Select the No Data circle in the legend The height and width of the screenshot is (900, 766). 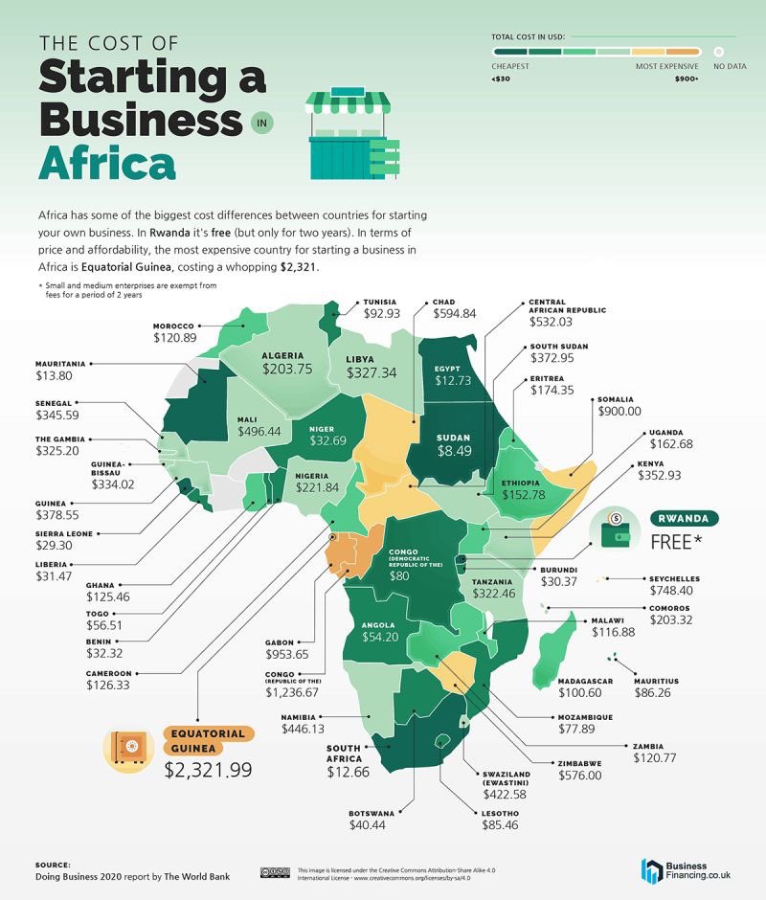click(x=718, y=52)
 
